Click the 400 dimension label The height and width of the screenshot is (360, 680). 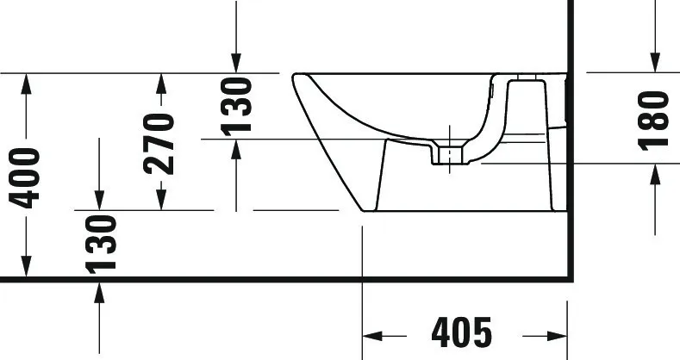tap(27, 177)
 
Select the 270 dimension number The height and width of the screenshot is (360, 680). tap(159, 142)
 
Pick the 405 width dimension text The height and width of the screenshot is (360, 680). tap(463, 332)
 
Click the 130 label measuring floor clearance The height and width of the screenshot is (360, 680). tap(101, 244)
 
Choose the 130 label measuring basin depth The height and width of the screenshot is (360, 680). tap(236, 106)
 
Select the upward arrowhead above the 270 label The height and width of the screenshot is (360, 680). tap(160, 84)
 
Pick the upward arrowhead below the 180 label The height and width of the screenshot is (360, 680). tap(655, 172)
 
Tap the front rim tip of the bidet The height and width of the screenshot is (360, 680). tap(296, 78)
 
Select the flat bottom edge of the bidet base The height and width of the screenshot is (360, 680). tap(457, 211)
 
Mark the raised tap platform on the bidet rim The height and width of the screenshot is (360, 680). tap(525, 81)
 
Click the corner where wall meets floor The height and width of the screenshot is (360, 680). tap(570, 278)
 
